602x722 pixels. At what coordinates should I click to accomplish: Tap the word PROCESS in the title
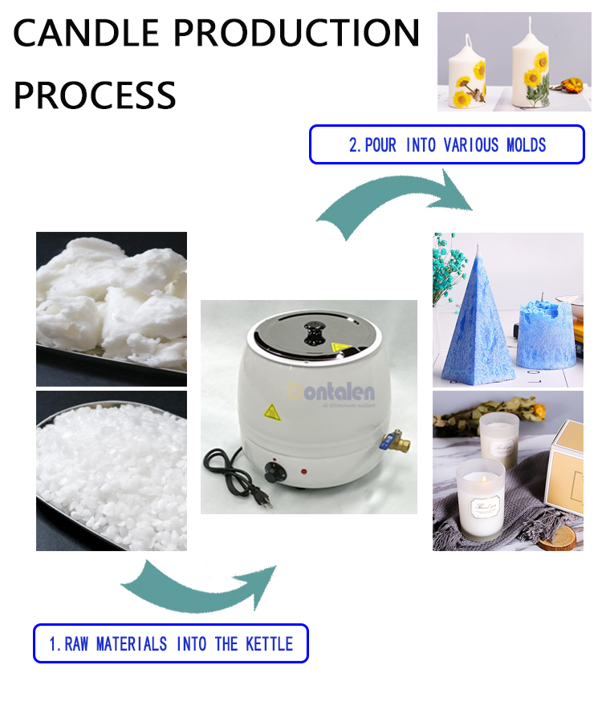click(95, 95)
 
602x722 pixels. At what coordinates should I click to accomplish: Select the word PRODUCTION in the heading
click(297, 34)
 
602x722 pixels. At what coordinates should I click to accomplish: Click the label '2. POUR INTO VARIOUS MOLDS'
click(447, 145)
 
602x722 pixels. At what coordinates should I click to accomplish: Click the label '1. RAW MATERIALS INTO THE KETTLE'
click(170, 643)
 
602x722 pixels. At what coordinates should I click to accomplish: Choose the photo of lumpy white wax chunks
click(112, 309)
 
